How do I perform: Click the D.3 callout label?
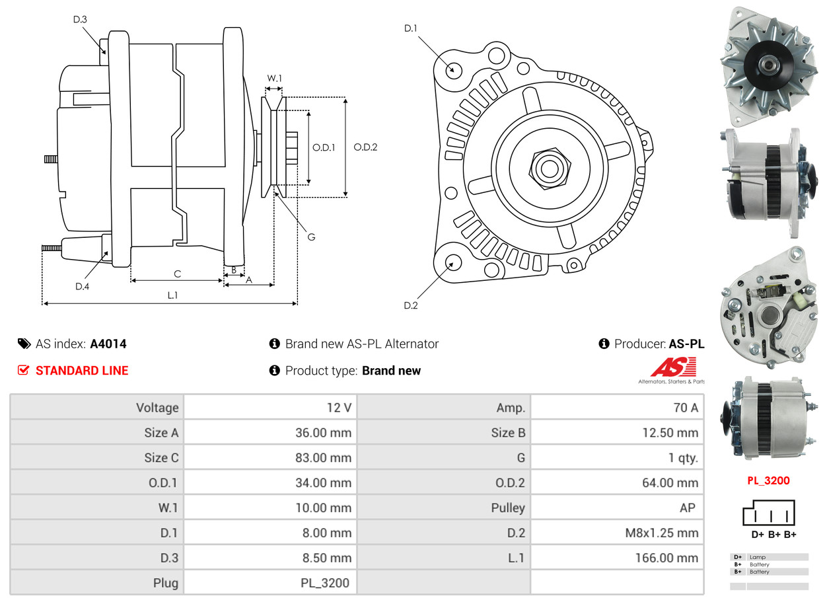coord(80,20)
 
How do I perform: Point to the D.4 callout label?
coord(82,286)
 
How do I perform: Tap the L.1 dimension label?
coord(172,295)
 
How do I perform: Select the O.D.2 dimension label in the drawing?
coord(365,147)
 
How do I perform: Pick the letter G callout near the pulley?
coord(312,237)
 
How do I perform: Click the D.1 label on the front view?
coord(411,28)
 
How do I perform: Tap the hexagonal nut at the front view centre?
coord(548,167)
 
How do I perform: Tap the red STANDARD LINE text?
coord(82,371)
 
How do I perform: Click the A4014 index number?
coord(108,344)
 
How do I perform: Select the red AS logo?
coord(673,367)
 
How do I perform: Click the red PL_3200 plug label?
coord(768,481)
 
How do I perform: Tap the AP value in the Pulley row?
coord(687,508)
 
